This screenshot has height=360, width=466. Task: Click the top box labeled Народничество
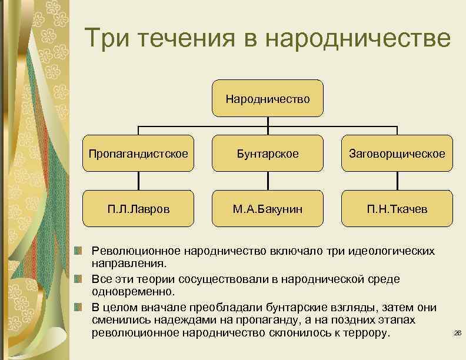[x=268, y=99]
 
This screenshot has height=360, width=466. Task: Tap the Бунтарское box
[x=268, y=154]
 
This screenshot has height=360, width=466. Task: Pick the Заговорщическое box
[x=397, y=154]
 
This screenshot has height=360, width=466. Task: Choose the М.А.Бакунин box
[x=268, y=209]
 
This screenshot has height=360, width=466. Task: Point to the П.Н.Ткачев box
[x=397, y=209]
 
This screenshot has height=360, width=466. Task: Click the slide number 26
[x=458, y=334]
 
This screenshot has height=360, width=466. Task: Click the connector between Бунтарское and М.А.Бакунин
[x=268, y=181]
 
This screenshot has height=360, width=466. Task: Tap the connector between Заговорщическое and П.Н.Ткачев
[x=397, y=181]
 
